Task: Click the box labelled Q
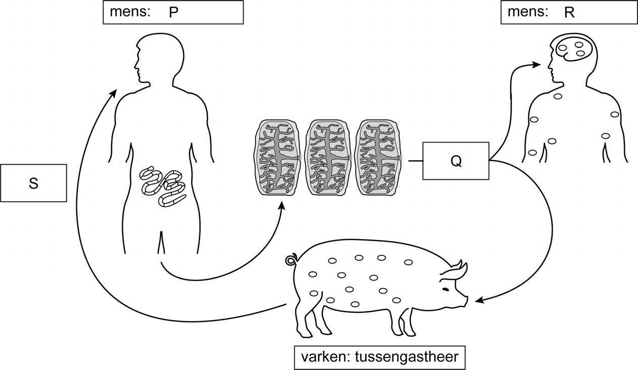click(x=456, y=161)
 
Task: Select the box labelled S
click(x=33, y=183)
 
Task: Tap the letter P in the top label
click(x=174, y=13)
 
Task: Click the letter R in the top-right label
click(x=569, y=13)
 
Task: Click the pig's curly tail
click(x=291, y=260)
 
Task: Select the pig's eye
click(x=446, y=289)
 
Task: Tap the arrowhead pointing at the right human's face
click(x=537, y=64)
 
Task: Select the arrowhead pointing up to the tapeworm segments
click(x=282, y=205)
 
